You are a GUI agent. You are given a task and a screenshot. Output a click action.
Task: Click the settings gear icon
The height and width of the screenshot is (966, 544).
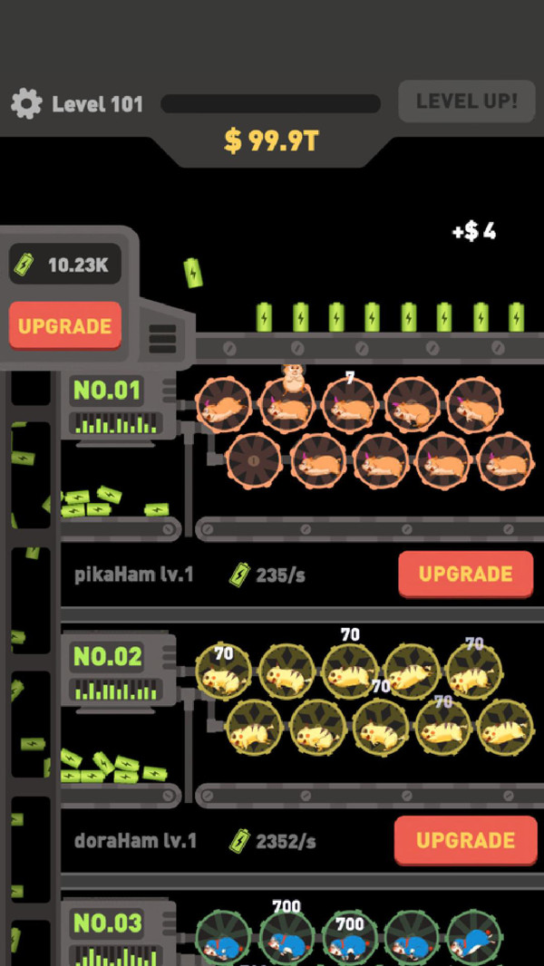(x=26, y=103)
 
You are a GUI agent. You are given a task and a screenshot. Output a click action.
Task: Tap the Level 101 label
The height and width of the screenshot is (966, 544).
(x=97, y=104)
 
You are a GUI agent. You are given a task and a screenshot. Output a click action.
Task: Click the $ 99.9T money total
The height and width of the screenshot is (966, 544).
(x=271, y=141)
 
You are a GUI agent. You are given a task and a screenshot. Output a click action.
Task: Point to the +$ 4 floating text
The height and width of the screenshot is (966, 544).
(x=474, y=232)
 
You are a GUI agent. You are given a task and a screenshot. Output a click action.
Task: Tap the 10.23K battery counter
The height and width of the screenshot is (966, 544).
(x=65, y=265)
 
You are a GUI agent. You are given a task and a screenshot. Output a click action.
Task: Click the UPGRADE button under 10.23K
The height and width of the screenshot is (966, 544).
(x=65, y=326)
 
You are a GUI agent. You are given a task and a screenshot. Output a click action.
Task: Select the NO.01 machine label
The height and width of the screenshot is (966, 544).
(x=107, y=390)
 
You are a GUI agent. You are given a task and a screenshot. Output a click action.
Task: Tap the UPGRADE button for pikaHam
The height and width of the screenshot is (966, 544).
(x=466, y=575)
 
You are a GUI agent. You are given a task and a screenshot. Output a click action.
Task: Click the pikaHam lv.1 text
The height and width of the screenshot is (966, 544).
(x=133, y=575)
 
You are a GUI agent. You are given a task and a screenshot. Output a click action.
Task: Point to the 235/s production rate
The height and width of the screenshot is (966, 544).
(x=268, y=575)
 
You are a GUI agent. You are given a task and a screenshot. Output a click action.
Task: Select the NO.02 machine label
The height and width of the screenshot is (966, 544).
(x=107, y=657)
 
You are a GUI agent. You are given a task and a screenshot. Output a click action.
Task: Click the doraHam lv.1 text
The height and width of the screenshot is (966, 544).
(x=135, y=840)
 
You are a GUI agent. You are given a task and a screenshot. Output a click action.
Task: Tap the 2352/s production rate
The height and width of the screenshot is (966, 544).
(x=273, y=841)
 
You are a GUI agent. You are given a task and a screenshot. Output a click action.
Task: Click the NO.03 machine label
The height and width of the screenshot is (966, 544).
(x=108, y=923)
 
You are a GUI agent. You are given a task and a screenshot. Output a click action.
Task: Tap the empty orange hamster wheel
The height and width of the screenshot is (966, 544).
(x=254, y=460)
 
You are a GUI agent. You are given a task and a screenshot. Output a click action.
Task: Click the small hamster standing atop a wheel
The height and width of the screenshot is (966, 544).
(x=293, y=377)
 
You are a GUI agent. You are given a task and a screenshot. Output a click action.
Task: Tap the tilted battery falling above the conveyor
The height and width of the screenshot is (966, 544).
(x=193, y=272)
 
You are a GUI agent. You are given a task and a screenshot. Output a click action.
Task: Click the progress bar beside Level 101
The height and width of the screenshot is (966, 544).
(x=270, y=103)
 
